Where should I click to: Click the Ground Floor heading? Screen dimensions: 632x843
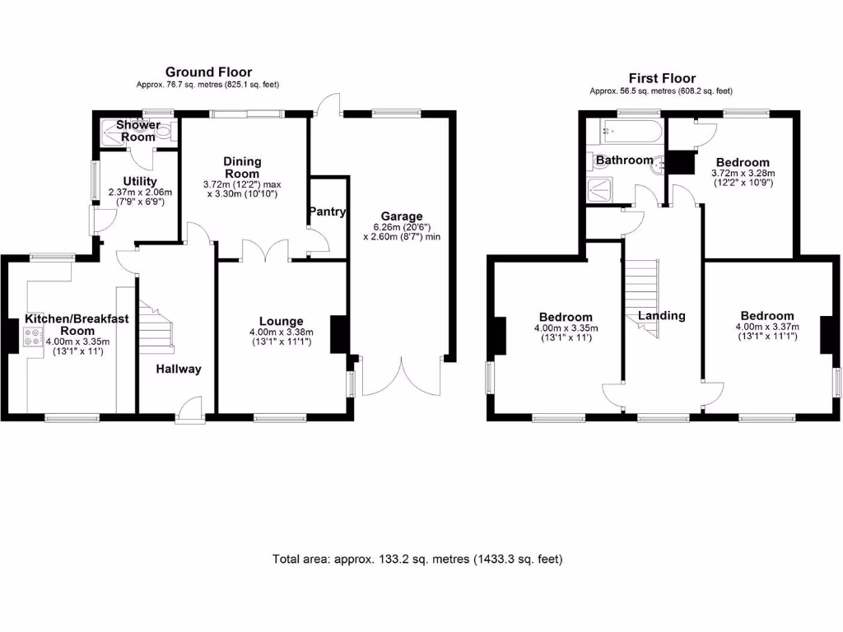[208, 72]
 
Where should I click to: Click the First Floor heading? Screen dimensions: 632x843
[661, 78]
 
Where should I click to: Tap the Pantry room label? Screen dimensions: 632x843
[327, 212]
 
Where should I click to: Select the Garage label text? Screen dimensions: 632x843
[401, 216]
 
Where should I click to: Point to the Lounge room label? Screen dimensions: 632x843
[281, 321]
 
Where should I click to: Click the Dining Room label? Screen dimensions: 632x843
[241, 167]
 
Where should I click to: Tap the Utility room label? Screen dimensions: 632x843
[140, 181]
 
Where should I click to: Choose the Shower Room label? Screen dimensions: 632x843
[137, 130]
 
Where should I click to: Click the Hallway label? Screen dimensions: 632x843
[179, 369]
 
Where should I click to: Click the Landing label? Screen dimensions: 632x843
[661, 315]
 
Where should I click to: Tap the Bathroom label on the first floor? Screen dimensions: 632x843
[625, 160]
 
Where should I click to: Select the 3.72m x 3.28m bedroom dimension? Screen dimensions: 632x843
[743, 179]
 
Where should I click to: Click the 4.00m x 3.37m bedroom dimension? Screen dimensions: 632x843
[766, 332]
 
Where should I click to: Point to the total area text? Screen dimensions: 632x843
[417, 559]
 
